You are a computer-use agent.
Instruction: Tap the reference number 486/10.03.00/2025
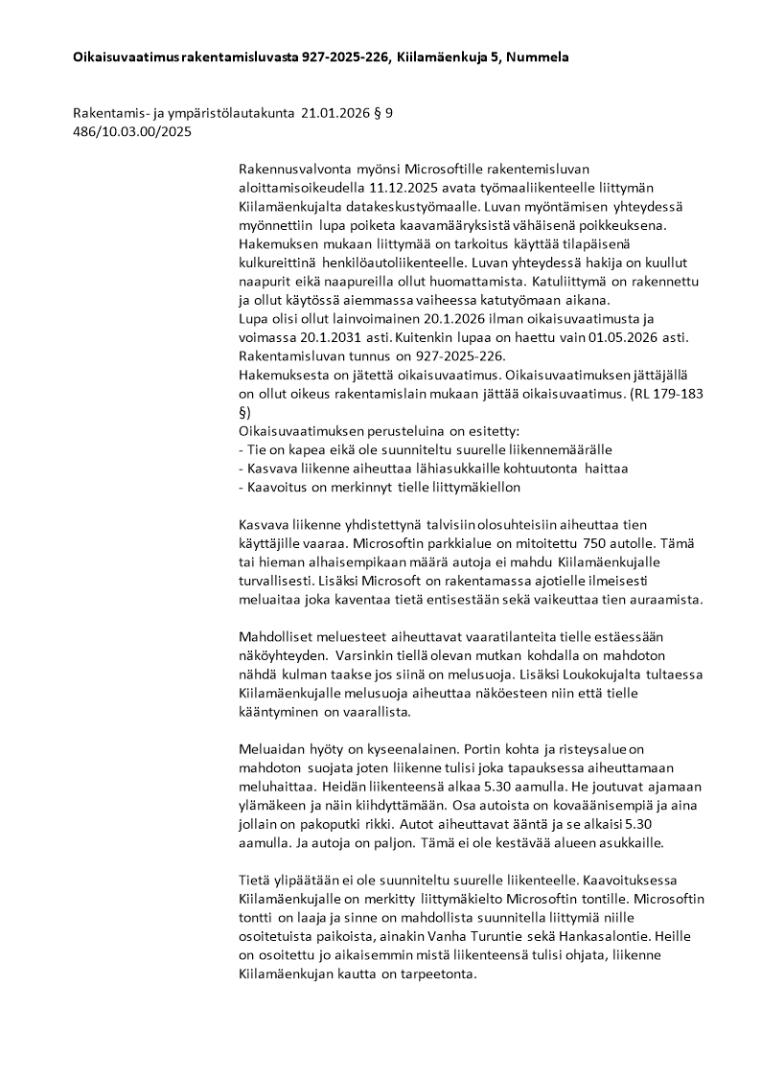point(132,132)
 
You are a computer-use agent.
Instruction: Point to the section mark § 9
point(382,113)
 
